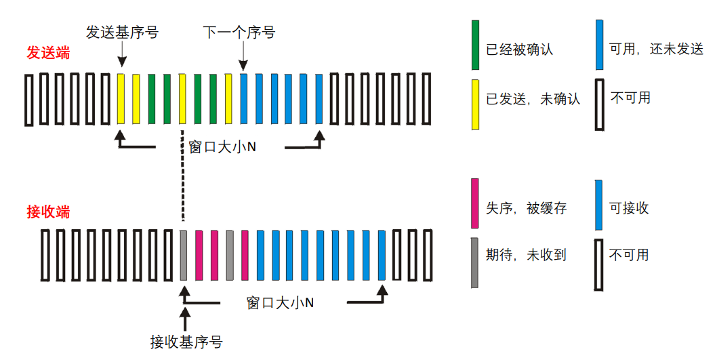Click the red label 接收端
[x=48, y=212]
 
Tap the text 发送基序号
[x=122, y=32]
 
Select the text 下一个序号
[x=239, y=32]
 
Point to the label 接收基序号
[x=186, y=341]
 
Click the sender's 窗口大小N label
[x=222, y=146]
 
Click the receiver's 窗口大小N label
[x=280, y=302]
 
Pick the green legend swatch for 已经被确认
[x=475, y=45]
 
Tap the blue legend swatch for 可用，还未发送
[x=598, y=45]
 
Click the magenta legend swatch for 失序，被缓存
[x=475, y=203]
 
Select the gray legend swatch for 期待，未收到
[x=475, y=262]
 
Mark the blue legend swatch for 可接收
[x=598, y=203]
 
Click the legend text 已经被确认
[x=520, y=49]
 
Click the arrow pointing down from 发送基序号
[x=122, y=53]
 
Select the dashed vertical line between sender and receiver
[x=183, y=176]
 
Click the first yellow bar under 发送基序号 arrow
[x=121, y=99]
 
